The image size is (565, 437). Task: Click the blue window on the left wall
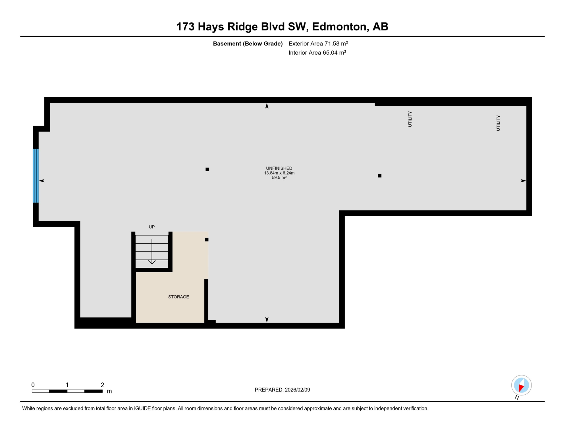[36, 176]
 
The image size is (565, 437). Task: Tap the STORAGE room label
[178, 297]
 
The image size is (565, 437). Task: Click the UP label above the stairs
[152, 227]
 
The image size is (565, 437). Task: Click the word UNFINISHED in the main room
[279, 168]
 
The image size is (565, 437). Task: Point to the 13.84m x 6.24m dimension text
[279, 173]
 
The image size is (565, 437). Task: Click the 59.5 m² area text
[279, 178]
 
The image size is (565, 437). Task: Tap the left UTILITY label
[410, 119]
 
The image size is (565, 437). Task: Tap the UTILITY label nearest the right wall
[498, 123]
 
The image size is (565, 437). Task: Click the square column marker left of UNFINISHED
[207, 169]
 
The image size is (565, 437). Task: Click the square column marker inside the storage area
[207, 240]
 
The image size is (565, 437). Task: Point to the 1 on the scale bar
[67, 385]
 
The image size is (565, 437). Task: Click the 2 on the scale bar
[102, 385]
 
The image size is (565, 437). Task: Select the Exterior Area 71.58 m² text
[318, 44]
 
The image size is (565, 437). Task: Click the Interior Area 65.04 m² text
[317, 53]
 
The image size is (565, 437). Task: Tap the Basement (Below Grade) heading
[248, 44]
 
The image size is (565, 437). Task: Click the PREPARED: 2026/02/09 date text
[282, 390]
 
